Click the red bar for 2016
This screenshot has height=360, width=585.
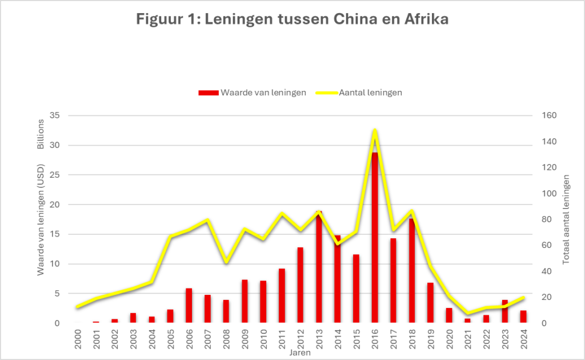click(375, 240)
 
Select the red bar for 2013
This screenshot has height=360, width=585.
click(319, 269)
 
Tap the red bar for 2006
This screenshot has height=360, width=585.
click(189, 306)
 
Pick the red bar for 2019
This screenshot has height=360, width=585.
click(430, 303)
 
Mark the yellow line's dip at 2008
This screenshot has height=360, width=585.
click(226, 262)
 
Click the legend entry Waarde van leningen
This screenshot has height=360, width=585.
click(257, 93)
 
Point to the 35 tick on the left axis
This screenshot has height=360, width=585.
click(55, 116)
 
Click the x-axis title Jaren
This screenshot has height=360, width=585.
click(300, 353)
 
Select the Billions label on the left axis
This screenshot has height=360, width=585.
click(41, 135)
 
